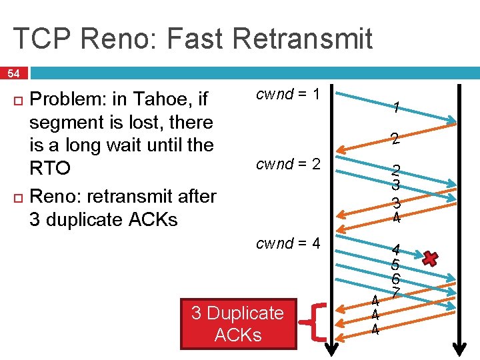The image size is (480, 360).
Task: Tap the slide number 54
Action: tap(14, 73)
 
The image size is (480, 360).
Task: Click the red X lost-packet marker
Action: tap(431, 259)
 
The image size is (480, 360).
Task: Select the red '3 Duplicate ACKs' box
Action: tap(238, 324)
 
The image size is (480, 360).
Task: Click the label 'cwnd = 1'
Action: tap(289, 95)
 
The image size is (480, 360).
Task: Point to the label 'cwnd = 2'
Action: tap(289, 164)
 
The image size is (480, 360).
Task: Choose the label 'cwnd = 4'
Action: tap(289, 243)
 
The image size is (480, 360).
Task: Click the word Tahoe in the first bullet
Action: tap(169, 100)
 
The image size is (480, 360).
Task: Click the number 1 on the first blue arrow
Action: tap(396, 107)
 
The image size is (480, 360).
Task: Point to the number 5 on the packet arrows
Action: tap(395, 265)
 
